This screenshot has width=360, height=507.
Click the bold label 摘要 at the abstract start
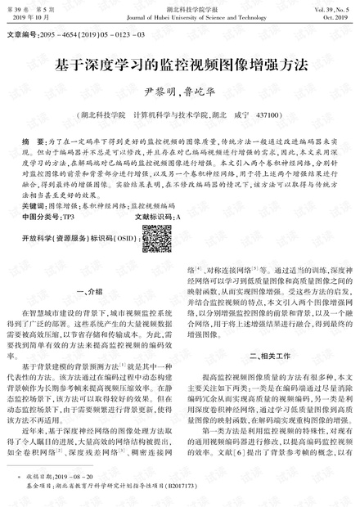32,142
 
